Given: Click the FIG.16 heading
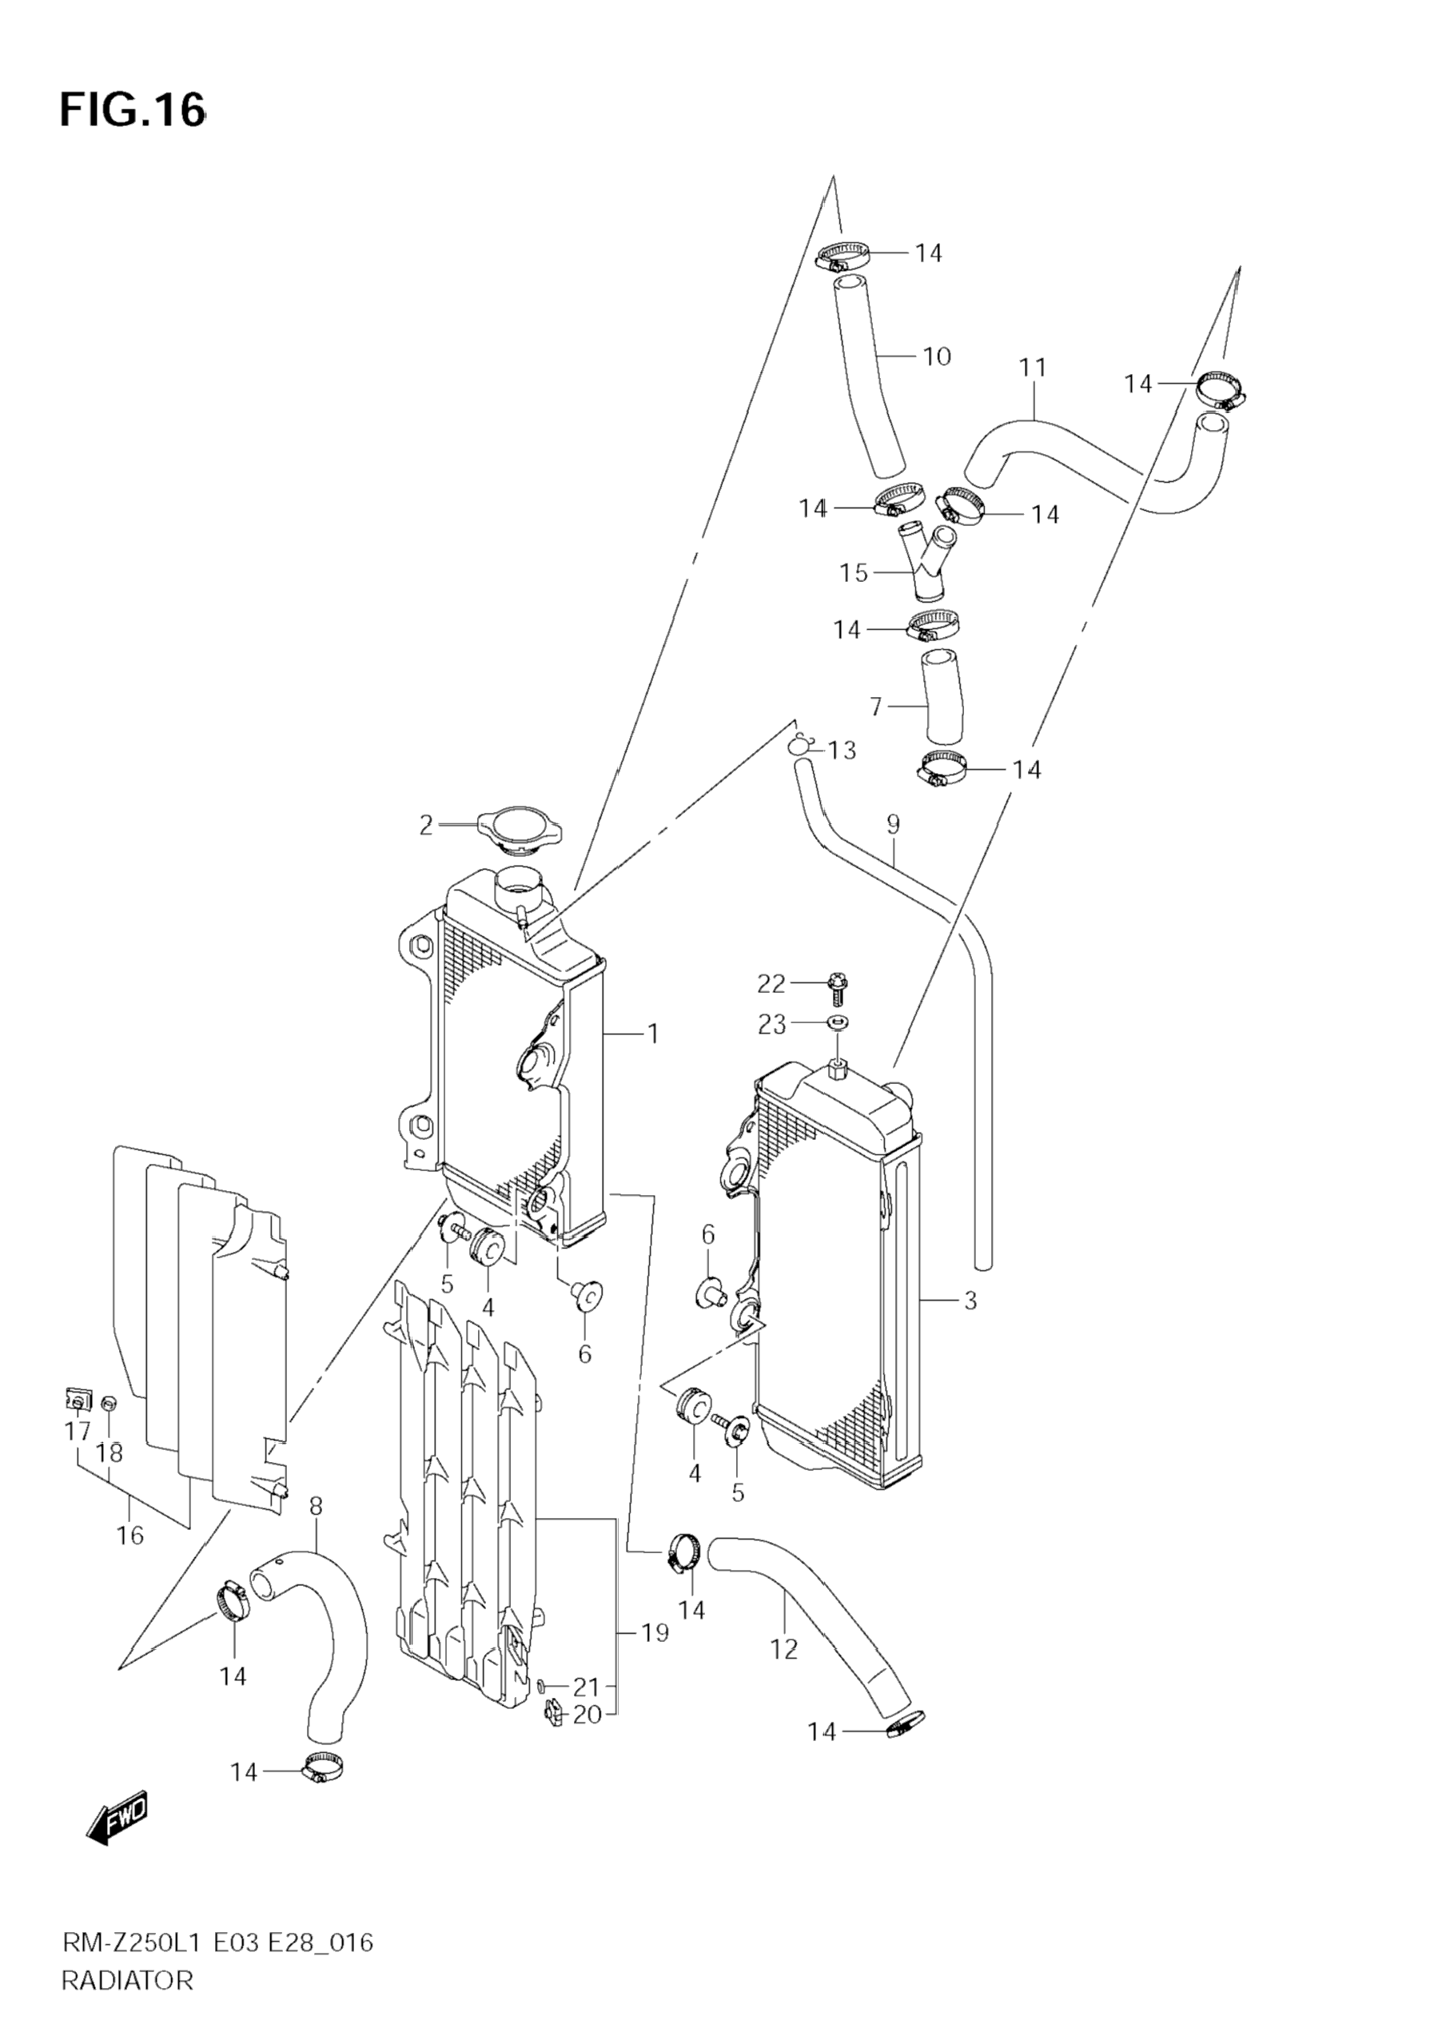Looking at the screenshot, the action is coord(133,110).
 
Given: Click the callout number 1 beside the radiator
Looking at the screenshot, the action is coord(652,1034).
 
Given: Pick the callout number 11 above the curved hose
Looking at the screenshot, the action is coord(1033,367).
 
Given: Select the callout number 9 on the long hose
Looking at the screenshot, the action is coord(894,823).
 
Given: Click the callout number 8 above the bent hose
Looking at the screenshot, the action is coord(316,1507).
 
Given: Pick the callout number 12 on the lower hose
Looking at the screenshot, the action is coord(783,1649).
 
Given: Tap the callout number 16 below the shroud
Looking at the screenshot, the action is coord(130,1535).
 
